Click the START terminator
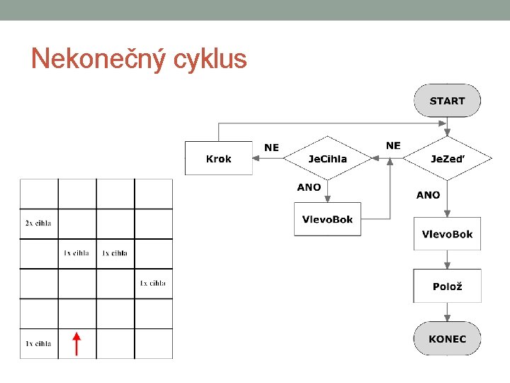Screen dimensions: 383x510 [447, 101]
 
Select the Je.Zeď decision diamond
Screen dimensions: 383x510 [447, 159]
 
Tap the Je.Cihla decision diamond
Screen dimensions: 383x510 [327, 159]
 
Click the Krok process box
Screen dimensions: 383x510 [218, 159]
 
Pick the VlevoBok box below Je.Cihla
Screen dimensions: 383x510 [327, 219]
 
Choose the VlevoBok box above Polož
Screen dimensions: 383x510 [447, 234]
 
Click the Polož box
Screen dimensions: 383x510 [447, 287]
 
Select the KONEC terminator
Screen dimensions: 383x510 [447, 339]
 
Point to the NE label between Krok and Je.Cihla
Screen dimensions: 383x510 [271, 148]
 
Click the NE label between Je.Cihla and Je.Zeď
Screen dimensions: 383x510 [393, 145]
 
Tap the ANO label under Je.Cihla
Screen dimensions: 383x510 [309, 187]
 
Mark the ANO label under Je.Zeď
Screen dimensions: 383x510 [428, 194]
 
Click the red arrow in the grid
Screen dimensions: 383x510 [77, 343]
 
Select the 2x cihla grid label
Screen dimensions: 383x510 [38, 223]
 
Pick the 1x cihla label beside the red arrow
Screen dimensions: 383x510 [38, 343]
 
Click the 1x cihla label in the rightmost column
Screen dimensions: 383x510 [153, 283]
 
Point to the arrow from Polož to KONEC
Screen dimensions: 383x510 [447, 312]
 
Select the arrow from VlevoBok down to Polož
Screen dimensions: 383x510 [447, 260]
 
